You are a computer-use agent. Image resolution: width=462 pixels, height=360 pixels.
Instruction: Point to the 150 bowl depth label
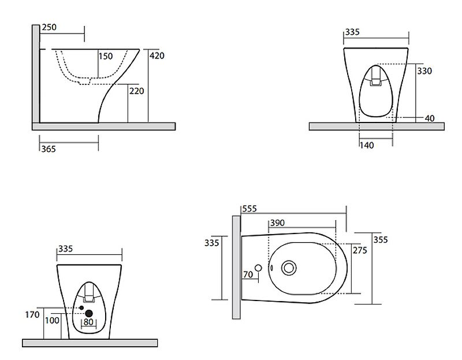[x=105, y=57]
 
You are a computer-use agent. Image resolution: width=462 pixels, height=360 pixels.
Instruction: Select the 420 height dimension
[x=157, y=56]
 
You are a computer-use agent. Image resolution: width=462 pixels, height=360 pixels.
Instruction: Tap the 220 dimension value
[x=136, y=91]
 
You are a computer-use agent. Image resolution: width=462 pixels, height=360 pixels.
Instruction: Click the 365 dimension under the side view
[x=49, y=149]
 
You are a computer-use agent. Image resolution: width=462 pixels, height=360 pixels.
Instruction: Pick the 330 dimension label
[x=424, y=71]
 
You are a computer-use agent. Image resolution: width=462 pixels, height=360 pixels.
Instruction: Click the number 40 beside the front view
[x=429, y=118]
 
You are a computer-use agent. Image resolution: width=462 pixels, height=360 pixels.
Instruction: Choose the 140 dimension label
[x=367, y=146]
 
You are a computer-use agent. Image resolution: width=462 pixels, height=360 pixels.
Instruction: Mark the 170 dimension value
[x=32, y=315]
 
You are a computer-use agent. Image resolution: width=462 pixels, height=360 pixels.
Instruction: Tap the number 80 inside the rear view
[x=88, y=322]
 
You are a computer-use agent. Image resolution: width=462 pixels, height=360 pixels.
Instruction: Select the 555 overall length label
[x=249, y=208]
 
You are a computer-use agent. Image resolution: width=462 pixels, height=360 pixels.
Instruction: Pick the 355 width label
[x=381, y=240]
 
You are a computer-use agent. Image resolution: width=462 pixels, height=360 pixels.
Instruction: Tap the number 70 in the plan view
[x=248, y=274]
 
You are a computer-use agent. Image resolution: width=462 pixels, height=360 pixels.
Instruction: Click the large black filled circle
[x=89, y=314]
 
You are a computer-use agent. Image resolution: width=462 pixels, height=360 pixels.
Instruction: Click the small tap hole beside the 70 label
[x=258, y=268]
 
